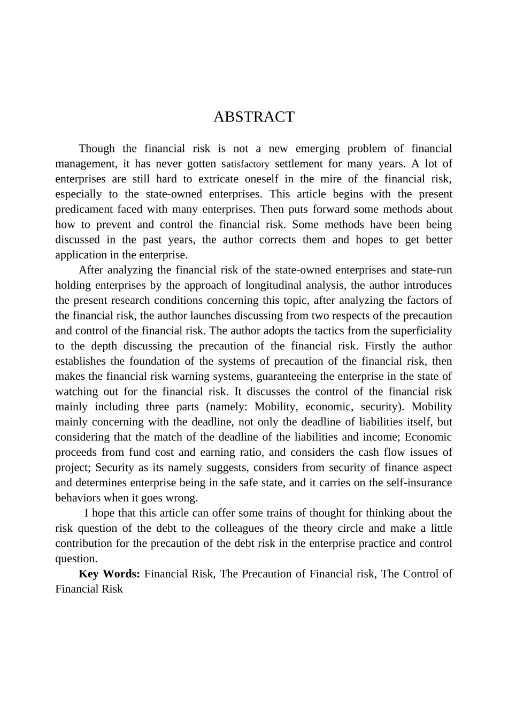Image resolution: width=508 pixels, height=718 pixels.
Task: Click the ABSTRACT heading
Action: [x=253, y=117]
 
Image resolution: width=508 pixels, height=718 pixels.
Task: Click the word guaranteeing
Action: [x=287, y=376]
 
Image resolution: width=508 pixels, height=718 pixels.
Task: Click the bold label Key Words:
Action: [x=109, y=574]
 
